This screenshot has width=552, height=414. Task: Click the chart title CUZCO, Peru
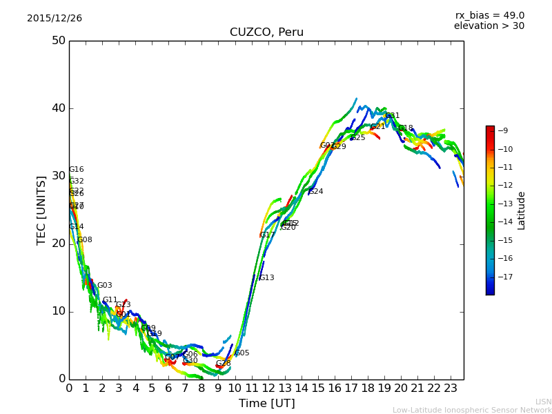click(266, 32)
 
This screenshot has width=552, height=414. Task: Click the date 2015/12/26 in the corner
click(55, 19)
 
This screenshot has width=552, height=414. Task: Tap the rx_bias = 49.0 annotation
click(489, 15)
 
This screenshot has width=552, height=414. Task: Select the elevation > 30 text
click(489, 26)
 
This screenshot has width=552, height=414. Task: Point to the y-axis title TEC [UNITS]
click(41, 210)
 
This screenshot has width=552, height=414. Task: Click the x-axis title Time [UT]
click(266, 404)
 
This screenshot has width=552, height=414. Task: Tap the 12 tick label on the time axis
click(268, 388)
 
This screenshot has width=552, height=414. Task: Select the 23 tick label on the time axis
click(451, 388)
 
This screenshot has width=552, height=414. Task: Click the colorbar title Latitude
click(522, 210)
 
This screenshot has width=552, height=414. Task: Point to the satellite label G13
click(266, 278)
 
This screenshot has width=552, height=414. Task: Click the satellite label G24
click(315, 192)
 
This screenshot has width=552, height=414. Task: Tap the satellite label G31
click(393, 116)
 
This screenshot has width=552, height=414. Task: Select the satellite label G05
click(242, 353)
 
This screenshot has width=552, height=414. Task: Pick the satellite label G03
click(104, 286)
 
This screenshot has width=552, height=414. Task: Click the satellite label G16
click(76, 170)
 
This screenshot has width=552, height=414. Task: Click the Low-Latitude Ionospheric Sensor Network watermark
click(472, 410)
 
